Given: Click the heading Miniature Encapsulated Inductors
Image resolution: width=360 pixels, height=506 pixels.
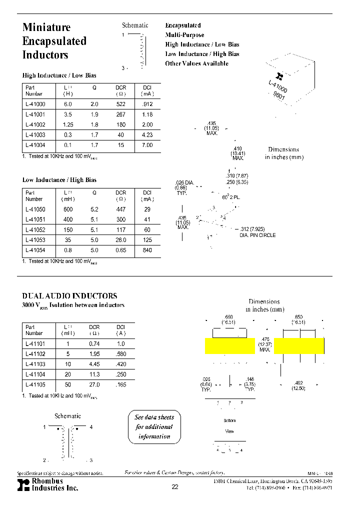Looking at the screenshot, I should tap(54, 41).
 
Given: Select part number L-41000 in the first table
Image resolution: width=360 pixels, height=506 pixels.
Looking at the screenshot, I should tap(35, 104).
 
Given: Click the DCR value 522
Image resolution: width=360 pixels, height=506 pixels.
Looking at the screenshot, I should tap(120, 104).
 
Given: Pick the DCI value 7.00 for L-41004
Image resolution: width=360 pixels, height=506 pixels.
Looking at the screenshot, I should tap(147, 145).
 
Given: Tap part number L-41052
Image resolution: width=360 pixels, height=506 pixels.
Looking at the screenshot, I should tap(35, 230).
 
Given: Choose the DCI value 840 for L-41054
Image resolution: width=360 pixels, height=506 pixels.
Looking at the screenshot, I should tap(147, 250).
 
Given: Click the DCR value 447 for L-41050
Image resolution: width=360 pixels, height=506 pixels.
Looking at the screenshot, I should tap(120, 209).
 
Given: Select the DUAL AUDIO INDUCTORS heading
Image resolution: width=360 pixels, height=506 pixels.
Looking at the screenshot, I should tap(69, 296).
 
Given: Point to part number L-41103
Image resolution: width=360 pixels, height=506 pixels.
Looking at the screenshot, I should tap(35, 364).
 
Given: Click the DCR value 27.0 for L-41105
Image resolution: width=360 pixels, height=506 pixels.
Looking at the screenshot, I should tap(94, 385).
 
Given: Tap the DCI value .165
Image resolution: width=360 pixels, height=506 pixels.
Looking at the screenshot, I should tap(120, 385).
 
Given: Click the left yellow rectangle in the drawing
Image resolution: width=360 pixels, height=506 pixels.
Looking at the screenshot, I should tap(229, 345).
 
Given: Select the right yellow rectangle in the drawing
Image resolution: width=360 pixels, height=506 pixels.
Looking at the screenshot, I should tap(299, 345).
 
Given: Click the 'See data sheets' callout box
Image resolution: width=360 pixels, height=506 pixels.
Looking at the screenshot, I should tap(154, 426).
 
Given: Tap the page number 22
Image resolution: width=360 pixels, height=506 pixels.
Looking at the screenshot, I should tap(174, 487).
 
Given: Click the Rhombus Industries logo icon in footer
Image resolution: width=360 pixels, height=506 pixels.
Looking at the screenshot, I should tap(23, 484).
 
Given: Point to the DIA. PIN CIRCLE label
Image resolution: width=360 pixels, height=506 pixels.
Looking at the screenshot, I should tap(257, 235).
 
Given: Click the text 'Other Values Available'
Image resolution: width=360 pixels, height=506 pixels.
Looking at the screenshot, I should tap(196, 63).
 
